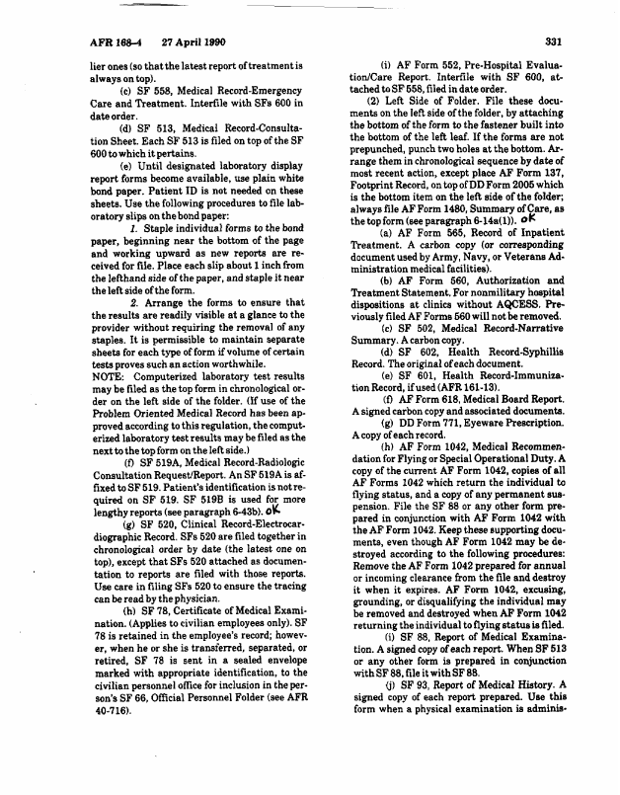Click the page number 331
pyautogui.click(x=553, y=41)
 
